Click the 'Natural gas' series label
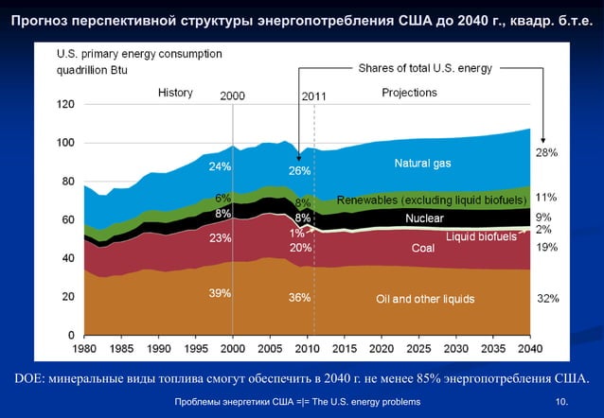click(x=422, y=164)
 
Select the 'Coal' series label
click(x=422, y=249)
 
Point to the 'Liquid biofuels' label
click(x=482, y=235)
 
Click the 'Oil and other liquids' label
click(x=425, y=299)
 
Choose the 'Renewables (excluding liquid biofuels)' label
click(x=432, y=201)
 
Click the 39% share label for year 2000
click(x=220, y=293)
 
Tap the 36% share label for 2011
click(x=300, y=298)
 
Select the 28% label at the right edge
click(x=546, y=152)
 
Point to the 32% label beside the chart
click(x=547, y=298)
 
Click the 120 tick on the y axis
click(x=65, y=105)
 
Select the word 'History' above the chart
click(x=175, y=94)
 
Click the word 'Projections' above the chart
click(x=409, y=93)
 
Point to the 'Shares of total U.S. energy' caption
click(x=422, y=68)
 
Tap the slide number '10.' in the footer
click(x=563, y=404)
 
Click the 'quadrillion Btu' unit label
click(x=91, y=70)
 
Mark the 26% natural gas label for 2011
click(x=300, y=171)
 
